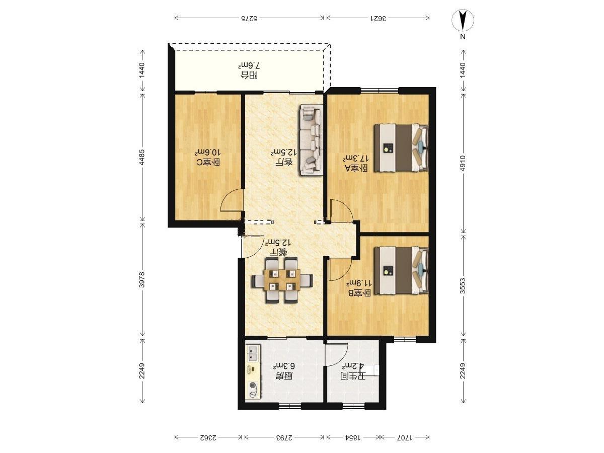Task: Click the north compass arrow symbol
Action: click(463, 20)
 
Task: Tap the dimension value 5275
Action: click(249, 19)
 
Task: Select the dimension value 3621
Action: click(379, 19)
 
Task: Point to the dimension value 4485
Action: click(142, 158)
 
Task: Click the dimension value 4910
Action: click(463, 164)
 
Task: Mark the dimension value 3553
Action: click(463, 286)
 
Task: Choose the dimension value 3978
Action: click(142, 280)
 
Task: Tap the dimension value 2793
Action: click(284, 437)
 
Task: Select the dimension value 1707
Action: click(405, 437)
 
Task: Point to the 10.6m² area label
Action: click(208, 153)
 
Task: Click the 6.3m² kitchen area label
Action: click(284, 366)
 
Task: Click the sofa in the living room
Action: click(311, 140)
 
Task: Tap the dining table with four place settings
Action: click(282, 280)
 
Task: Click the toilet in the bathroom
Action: click(373, 370)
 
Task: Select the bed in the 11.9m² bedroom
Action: click(402, 271)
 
